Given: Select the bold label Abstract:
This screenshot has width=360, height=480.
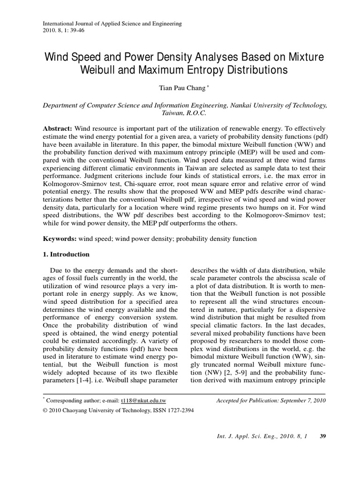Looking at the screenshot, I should (x=59, y=129).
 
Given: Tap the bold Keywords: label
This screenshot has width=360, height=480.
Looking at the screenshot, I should (x=60, y=239).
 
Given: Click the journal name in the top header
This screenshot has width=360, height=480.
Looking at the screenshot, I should (x=112, y=23).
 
